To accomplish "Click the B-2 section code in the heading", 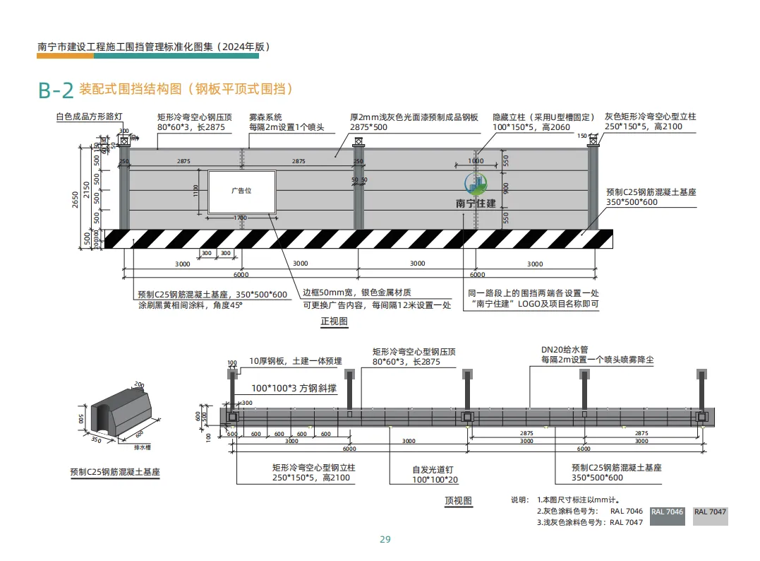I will click(56, 90).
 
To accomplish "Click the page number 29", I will click(385, 539).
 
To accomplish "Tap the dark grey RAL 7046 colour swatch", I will click(667, 515).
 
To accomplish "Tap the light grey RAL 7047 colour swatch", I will click(709, 515).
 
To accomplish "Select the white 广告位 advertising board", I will click(241, 191).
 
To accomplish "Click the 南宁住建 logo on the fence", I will click(476, 191).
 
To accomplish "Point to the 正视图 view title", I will click(334, 321).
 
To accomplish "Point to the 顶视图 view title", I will click(458, 500).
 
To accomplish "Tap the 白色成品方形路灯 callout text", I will click(90, 115).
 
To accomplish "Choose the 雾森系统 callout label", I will click(265, 117).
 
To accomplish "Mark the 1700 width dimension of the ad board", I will click(241, 218).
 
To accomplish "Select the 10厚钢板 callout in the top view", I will click(295, 361).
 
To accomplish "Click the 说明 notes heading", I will click(519, 500).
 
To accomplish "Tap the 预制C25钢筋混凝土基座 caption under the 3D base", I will click(115, 471).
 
